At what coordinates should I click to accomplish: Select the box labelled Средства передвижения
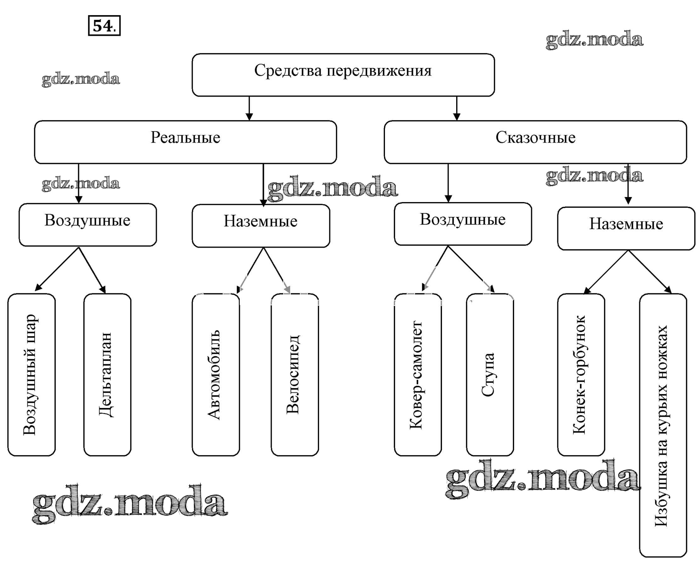point(343,75)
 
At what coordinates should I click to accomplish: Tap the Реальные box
point(185,142)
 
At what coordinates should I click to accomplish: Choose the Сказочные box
point(535,142)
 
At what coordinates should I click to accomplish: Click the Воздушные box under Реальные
point(88,225)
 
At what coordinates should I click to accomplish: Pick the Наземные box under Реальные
point(261,226)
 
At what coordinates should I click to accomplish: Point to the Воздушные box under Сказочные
point(463,224)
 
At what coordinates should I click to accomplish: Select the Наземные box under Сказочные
point(626,228)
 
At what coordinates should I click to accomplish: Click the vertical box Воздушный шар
point(31,375)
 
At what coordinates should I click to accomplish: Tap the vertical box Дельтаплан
point(107,375)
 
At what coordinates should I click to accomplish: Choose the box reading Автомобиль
point(216,375)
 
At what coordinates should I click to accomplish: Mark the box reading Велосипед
point(295,375)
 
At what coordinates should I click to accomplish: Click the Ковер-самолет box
point(418,375)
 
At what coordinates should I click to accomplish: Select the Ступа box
point(490,375)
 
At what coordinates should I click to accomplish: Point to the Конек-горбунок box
point(581,375)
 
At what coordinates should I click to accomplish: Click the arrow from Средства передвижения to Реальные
point(249,108)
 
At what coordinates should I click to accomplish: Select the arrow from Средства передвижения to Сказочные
point(457,108)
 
